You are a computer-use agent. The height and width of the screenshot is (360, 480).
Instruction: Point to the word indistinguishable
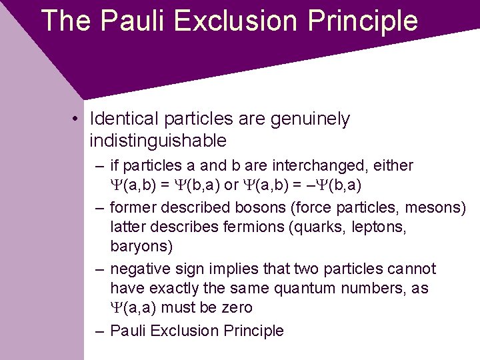tap(158, 141)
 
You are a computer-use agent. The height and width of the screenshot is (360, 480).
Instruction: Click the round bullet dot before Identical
tap(78, 119)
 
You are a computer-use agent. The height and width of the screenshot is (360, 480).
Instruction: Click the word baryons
tap(141, 246)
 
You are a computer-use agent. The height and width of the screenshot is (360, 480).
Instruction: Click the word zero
tap(237, 307)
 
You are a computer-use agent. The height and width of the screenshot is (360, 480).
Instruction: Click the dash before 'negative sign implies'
tap(99, 269)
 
